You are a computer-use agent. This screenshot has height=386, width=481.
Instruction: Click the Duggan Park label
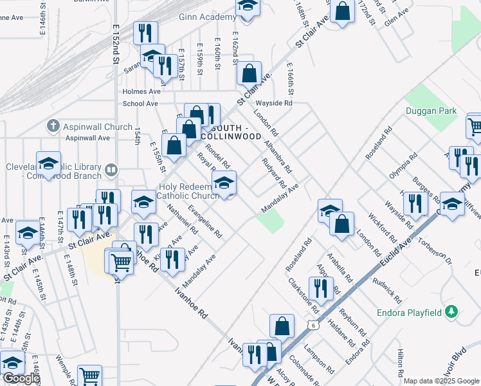[431, 111]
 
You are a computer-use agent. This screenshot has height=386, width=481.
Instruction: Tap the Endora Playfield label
[408, 313]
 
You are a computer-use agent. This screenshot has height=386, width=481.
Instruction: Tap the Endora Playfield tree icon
[452, 312]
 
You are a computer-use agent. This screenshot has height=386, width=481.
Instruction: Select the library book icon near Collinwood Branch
[112, 170]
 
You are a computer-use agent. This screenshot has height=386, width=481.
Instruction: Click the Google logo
[21, 378]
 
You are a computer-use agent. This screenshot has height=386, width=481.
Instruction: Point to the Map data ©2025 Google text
[441, 381]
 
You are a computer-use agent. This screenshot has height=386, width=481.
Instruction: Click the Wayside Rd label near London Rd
[274, 103]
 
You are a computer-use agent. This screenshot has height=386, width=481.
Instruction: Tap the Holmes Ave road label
[141, 91]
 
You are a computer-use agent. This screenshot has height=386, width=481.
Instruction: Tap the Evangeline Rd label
[205, 221]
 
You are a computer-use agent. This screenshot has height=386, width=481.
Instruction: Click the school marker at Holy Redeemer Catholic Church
[224, 183]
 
